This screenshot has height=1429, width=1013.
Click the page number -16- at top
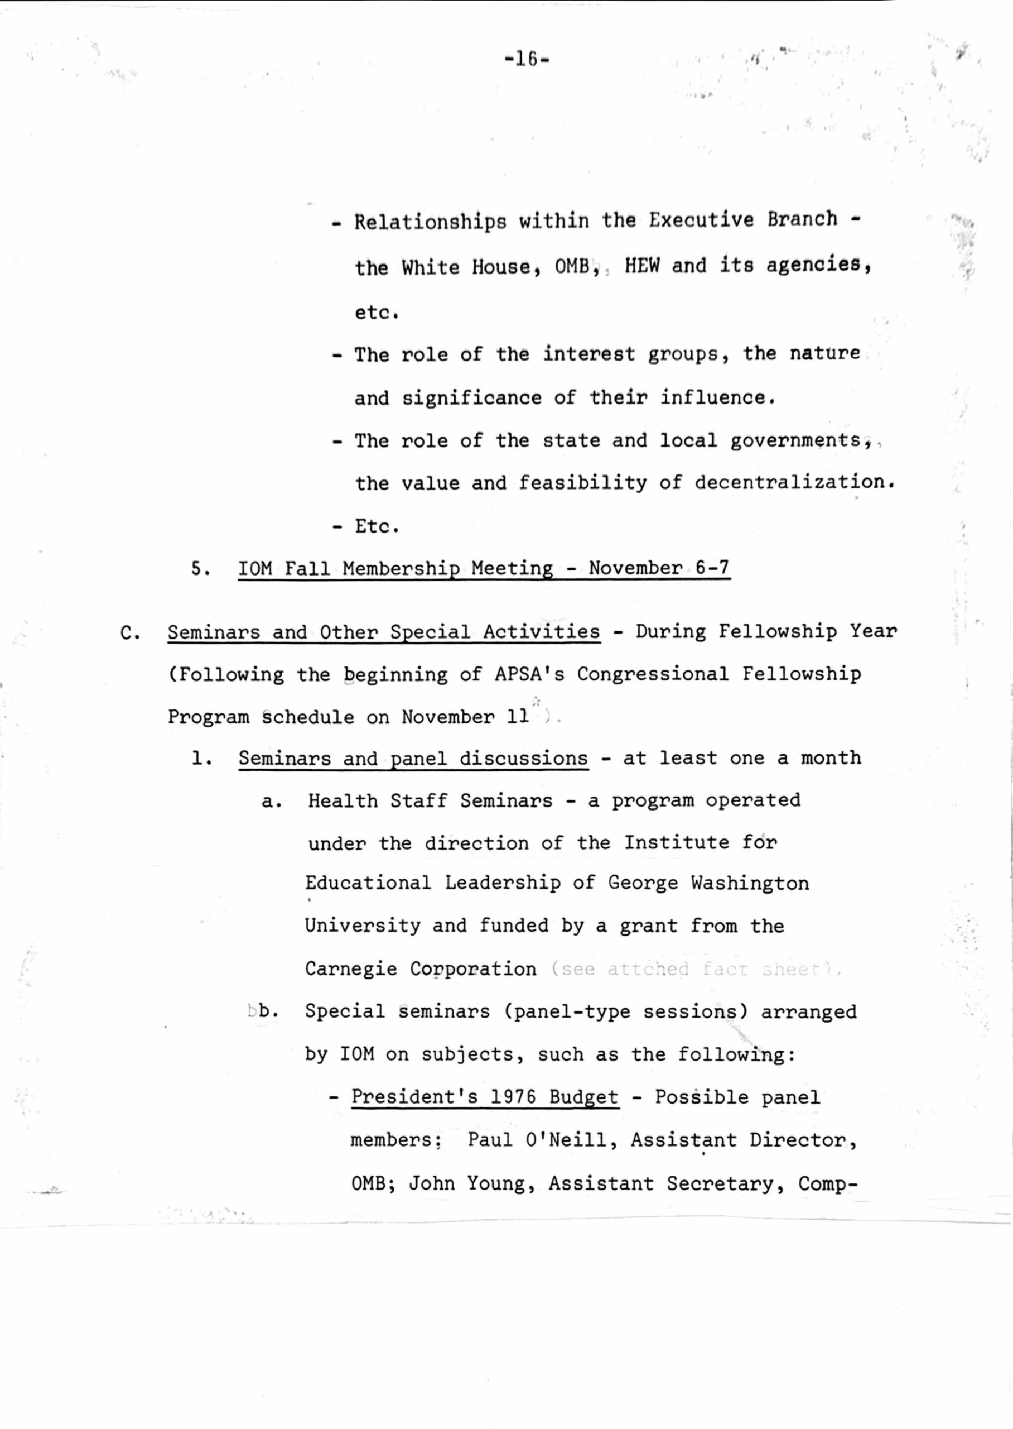click(x=527, y=60)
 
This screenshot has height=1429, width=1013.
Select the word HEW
click(x=642, y=266)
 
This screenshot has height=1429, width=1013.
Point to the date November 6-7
click(x=659, y=568)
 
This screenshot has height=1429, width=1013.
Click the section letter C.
click(x=129, y=634)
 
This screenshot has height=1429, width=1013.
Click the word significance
click(x=471, y=397)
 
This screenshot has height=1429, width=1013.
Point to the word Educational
click(x=368, y=884)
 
